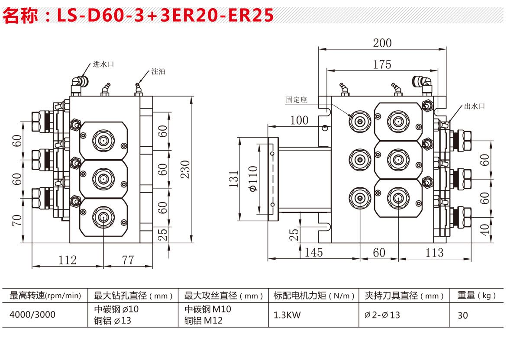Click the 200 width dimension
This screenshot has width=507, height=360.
pyautogui.click(x=382, y=43)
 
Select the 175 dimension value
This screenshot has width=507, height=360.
pyautogui.click(x=382, y=64)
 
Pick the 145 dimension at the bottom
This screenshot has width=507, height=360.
pyautogui.click(x=313, y=252)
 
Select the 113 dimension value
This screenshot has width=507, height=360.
pyautogui.click(x=434, y=252)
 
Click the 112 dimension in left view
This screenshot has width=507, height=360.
pyautogui.click(x=67, y=260)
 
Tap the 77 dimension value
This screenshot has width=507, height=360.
pyautogui.click(x=128, y=260)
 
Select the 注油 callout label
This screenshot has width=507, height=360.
pyautogui.click(x=158, y=71)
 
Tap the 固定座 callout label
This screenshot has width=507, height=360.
pyautogui.click(x=296, y=100)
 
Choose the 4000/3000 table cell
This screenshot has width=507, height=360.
pyautogui.click(x=32, y=315)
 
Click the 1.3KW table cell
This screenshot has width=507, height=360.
pyautogui.click(x=287, y=315)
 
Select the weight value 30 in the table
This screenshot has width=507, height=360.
pyautogui.click(x=463, y=315)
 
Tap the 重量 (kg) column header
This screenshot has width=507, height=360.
pyautogui.click(x=476, y=296)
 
